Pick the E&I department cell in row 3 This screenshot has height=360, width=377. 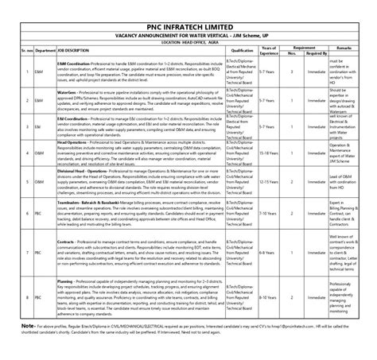39,126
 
